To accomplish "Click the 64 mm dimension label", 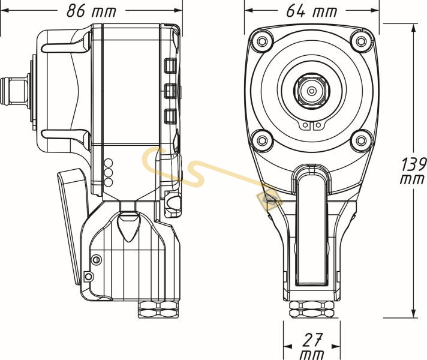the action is click(312, 11).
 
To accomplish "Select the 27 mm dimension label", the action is click(311, 347).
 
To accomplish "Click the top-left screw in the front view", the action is click(261, 41).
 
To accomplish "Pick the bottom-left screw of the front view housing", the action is click(261, 140).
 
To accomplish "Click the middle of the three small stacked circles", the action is click(109, 172).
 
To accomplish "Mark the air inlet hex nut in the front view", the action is click(311, 310).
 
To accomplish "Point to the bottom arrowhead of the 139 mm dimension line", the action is click(414, 314).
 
